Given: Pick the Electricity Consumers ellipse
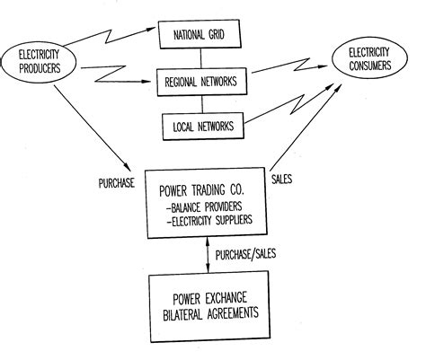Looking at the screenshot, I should coord(376,63).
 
